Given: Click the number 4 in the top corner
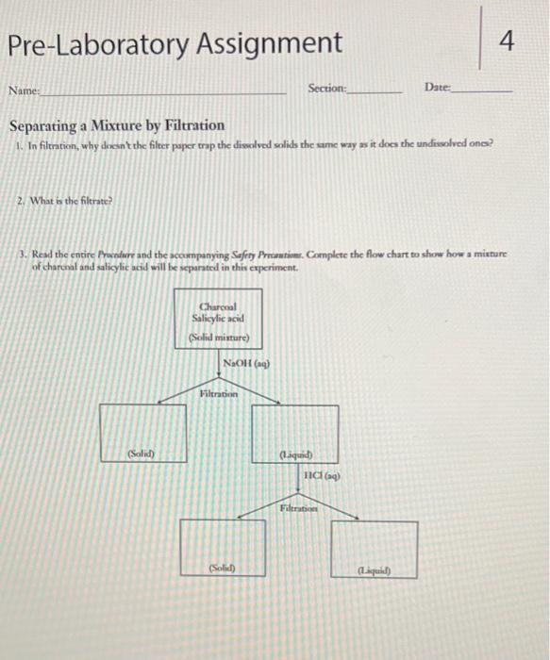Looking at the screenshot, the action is tap(508, 41).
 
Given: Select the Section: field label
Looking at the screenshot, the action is tap(327, 88).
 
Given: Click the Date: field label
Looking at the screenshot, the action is tap(438, 87).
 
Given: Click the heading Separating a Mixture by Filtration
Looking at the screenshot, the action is tap(117, 124).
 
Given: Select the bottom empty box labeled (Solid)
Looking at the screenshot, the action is tap(223, 549).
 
